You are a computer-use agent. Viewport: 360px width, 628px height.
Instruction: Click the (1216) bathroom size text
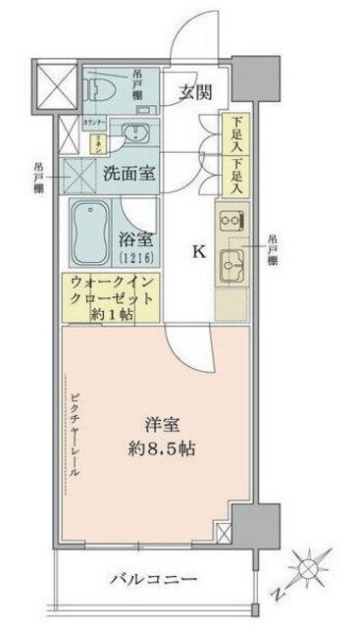pyautogui.click(x=137, y=257)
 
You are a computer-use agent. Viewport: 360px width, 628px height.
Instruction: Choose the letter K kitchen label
pyautogui.click(x=198, y=253)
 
